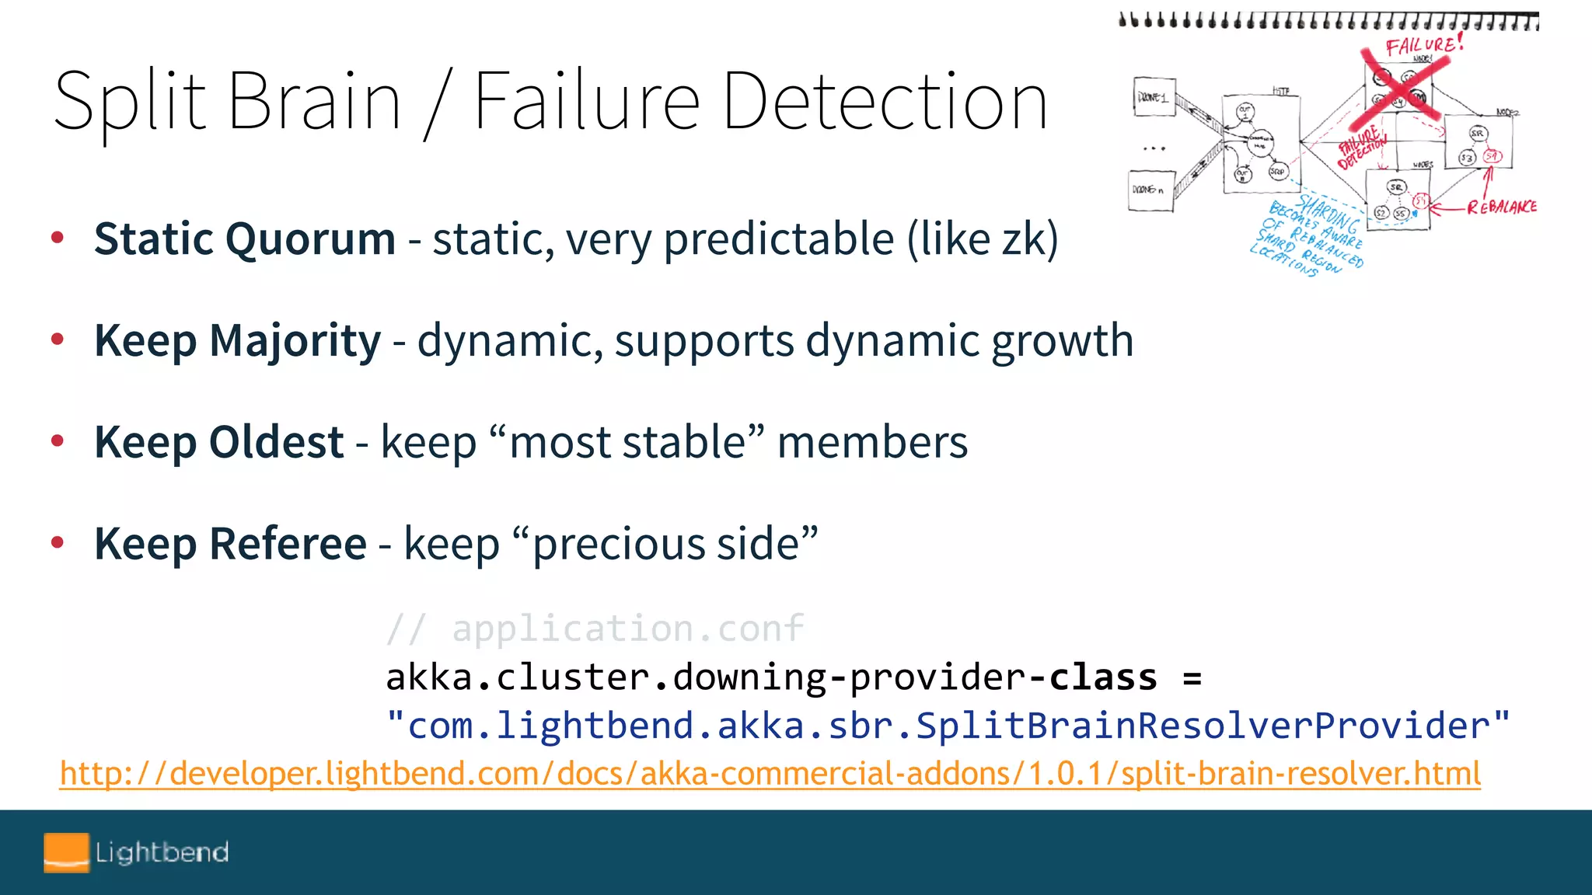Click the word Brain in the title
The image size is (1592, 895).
tap(314, 101)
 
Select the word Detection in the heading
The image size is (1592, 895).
tap(885, 101)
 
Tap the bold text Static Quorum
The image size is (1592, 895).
tap(245, 239)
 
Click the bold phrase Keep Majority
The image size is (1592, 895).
tap(238, 340)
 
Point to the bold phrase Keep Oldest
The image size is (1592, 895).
tap(219, 442)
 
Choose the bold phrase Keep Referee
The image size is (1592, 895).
tap(230, 543)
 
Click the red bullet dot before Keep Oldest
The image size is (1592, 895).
tap(57, 441)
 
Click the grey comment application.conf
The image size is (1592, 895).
tap(627, 628)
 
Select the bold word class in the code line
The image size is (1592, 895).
tap(1103, 677)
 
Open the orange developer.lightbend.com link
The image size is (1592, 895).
tap(770, 774)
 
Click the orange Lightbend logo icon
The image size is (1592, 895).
tap(66, 852)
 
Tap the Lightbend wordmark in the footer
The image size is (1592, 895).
tap(162, 852)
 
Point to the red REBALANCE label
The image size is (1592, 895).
tap(1501, 207)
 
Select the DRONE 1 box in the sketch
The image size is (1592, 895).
tap(1154, 98)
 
